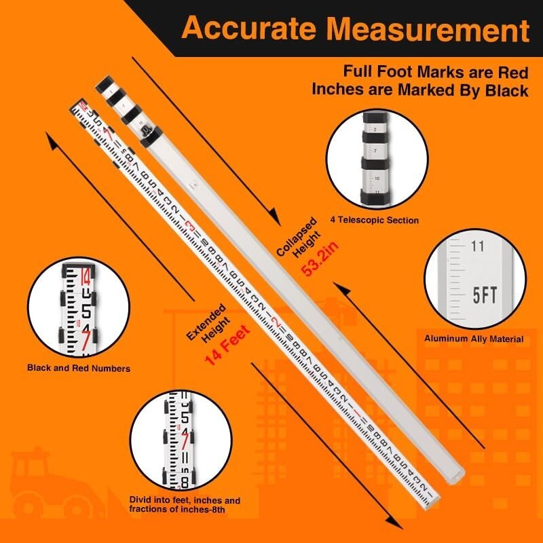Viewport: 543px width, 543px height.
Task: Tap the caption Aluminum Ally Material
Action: point(474,339)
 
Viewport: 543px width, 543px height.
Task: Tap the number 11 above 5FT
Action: point(477,246)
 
